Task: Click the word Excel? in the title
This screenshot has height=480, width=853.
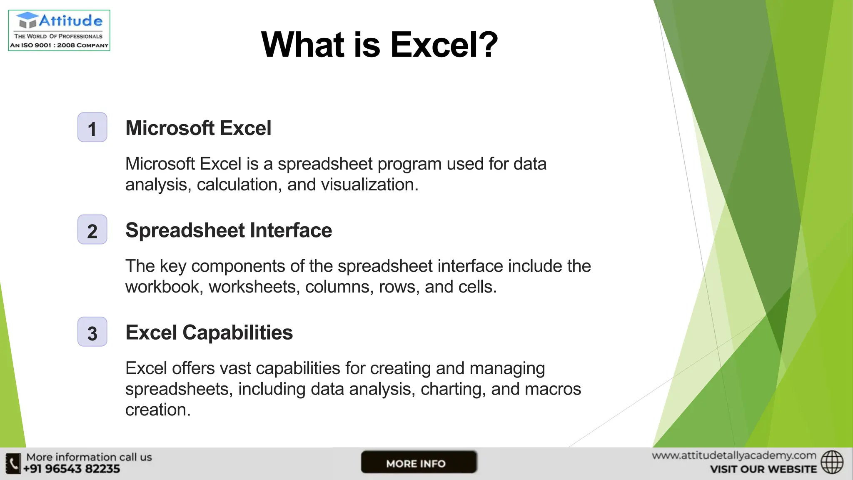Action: [x=444, y=45]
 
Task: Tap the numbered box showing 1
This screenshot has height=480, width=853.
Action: [x=92, y=127]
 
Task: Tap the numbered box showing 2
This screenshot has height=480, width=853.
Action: [x=92, y=230]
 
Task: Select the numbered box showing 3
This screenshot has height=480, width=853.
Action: [x=92, y=332]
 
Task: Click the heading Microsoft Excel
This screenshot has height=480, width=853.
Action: [x=198, y=128]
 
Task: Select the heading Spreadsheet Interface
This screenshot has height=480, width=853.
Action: [x=229, y=230]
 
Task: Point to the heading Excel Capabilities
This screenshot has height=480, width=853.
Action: [x=209, y=332]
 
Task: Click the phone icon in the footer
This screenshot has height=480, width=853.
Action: [x=13, y=463]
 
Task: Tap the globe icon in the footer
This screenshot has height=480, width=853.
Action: [x=832, y=462]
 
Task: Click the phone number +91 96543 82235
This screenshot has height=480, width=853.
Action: [x=71, y=469]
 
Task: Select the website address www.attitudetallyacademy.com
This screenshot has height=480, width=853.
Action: [x=734, y=455]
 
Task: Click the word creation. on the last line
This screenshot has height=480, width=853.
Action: [x=158, y=410]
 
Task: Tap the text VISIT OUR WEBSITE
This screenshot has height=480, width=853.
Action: [x=763, y=470]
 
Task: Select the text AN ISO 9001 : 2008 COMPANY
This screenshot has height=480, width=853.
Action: [x=59, y=45]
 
